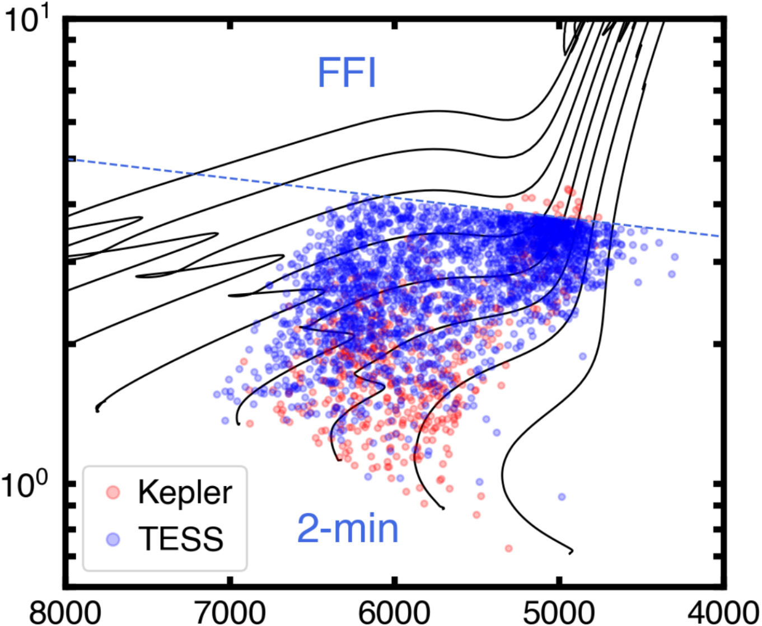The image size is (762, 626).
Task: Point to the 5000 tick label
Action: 558,612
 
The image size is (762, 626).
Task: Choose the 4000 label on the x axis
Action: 724,612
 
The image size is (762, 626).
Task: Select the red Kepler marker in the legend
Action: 114,492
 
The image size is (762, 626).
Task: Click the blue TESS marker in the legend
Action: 114,538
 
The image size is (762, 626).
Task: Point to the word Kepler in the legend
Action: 185,492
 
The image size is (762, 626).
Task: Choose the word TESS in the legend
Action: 181,538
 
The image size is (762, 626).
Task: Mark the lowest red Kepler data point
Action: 508,548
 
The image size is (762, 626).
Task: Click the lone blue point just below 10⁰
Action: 562,497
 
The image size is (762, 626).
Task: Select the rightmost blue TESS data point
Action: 675,257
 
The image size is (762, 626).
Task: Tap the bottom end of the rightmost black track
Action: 570,552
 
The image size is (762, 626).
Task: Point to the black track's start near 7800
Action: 98,409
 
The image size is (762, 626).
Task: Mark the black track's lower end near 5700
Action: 443,508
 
